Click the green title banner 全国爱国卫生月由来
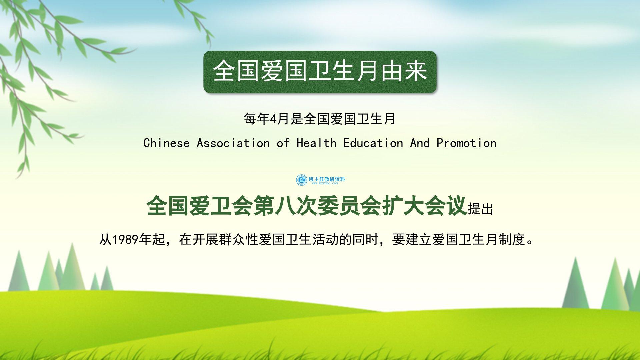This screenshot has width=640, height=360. coord(320,72)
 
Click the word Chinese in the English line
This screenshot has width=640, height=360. coord(166,143)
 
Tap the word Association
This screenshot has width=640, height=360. coord(233,143)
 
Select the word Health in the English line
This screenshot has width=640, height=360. coord(316,143)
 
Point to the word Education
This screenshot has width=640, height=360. coord(373,143)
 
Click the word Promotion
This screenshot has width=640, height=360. coord(466,143)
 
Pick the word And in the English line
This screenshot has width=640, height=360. coord(420,143)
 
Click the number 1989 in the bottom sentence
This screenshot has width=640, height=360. coord(125,240)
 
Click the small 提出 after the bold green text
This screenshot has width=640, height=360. coord(480,209)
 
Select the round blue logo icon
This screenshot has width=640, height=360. coord(302,180)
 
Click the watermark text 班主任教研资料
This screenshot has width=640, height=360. coord(327,179)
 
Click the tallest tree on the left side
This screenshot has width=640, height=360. coord(72,267)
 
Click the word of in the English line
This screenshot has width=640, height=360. coord(283,143)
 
